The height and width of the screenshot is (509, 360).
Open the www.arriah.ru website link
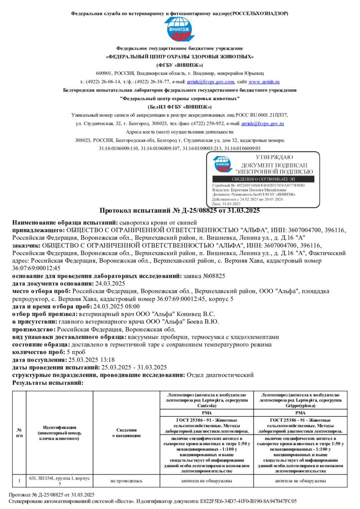[264, 82]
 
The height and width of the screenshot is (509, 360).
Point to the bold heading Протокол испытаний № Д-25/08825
[180, 211]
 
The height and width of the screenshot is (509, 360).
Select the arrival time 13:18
[106, 360]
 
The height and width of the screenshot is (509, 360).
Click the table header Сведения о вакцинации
[126, 433]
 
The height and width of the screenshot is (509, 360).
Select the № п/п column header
[19, 433]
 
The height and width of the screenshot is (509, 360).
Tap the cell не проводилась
[126, 481]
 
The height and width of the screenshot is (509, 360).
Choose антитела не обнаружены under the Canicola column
[207, 481]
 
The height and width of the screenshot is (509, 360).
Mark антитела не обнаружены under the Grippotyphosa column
[301, 481]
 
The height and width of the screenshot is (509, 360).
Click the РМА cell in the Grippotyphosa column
[301, 412]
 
